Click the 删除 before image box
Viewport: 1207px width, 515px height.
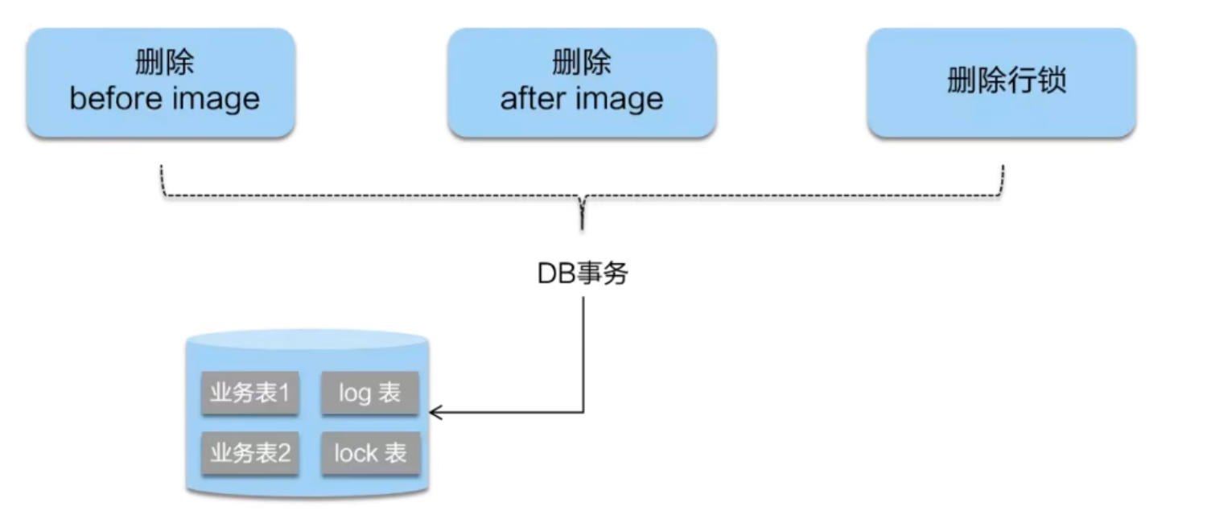pos(161,82)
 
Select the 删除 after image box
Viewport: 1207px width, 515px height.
pos(582,82)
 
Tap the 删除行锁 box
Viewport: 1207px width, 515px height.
pos(1002,82)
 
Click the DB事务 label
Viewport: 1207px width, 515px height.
pos(583,274)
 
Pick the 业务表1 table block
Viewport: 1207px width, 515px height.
pos(249,393)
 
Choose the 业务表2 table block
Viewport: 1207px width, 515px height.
pos(249,453)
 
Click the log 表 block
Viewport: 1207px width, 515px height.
pos(369,393)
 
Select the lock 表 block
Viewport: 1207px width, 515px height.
pos(369,453)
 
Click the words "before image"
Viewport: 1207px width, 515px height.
pos(165,100)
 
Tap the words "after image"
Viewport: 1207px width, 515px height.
pos(582,100)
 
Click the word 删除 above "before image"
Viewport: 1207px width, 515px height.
pos(164,63)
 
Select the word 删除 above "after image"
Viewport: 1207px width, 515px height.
pos(582,63)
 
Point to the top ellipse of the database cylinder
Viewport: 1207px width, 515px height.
pos(306,339)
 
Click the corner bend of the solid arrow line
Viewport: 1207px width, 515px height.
pos(583,413)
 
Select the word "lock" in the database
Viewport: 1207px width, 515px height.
pos(356,453)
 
